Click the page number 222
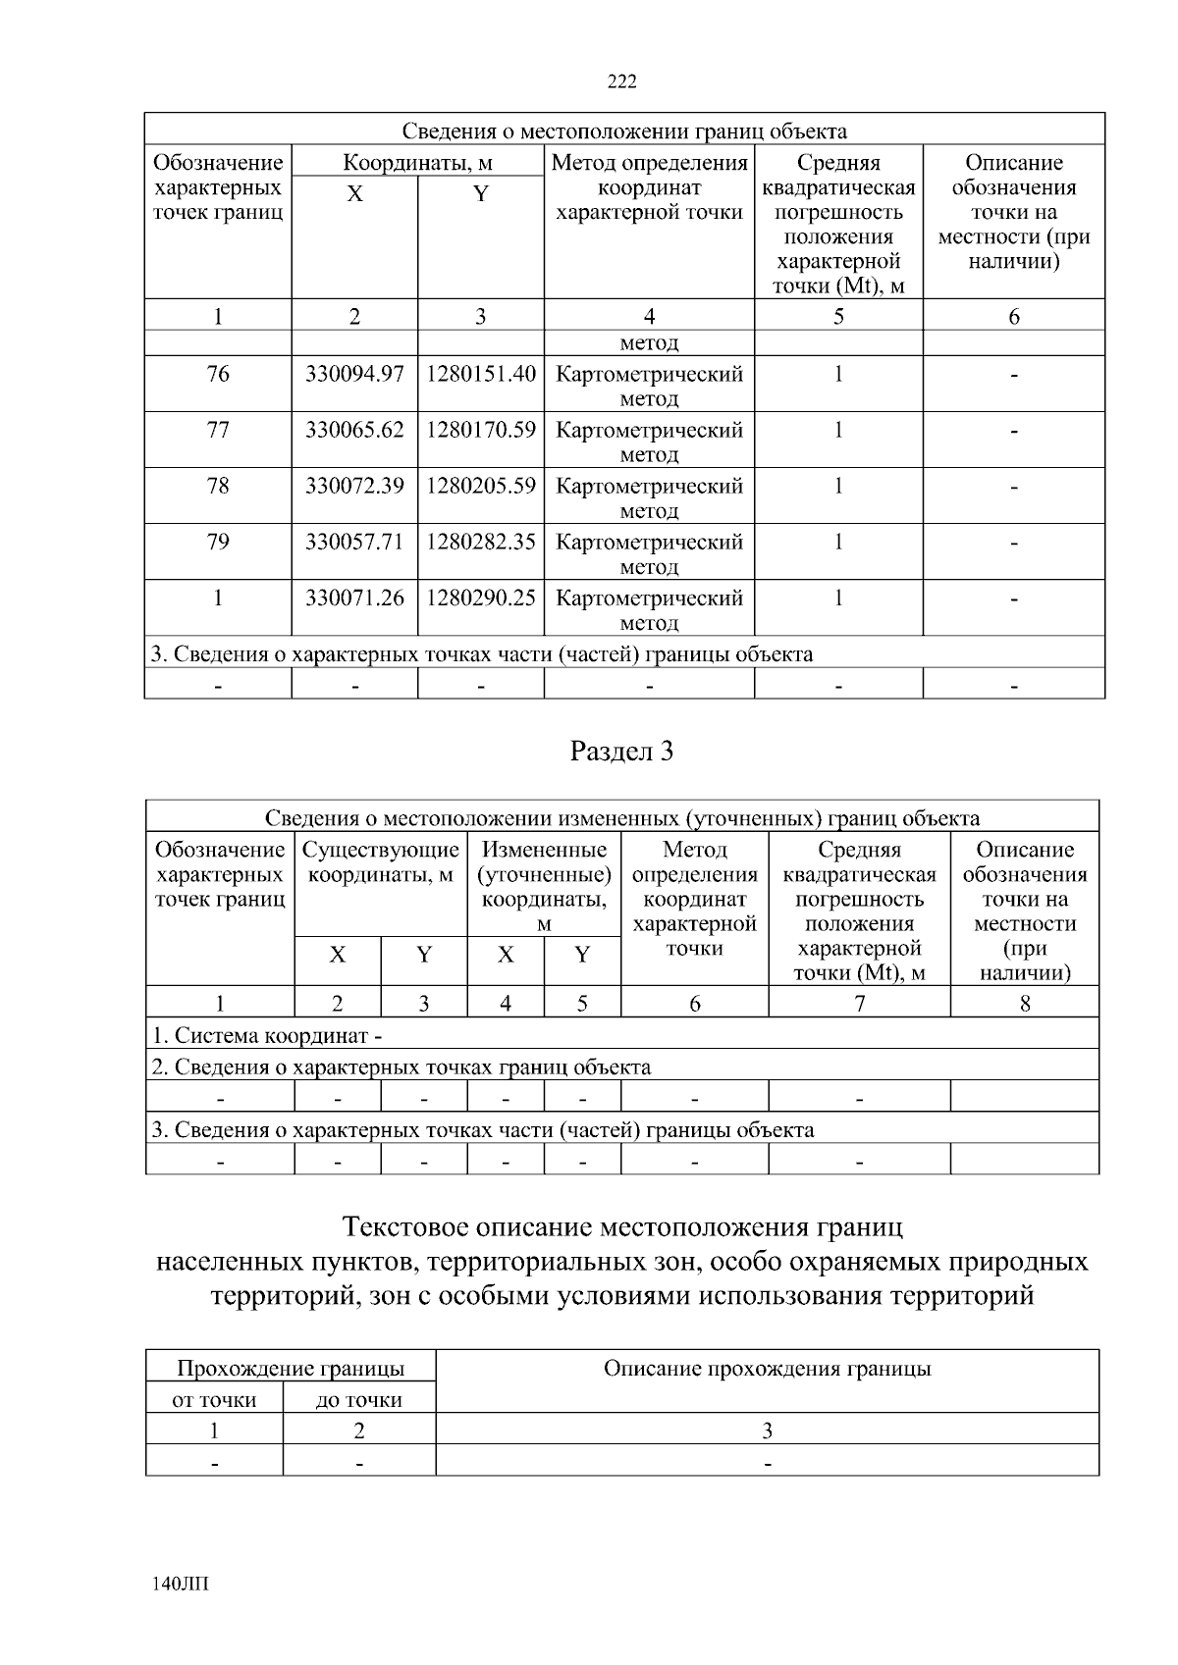pos(622,81)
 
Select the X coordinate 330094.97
pos(354,374)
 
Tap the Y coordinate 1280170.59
pos(480,430)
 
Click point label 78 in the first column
pos(218,486)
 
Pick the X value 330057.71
pos(354,542)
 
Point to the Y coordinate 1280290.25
pos(480,598)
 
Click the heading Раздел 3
pos(622,752)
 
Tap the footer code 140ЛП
pos(182,1584)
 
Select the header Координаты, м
pos(417,163)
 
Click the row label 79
pos(218,542)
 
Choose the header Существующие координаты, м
pos(381,861)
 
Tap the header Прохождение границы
pos(290,1369)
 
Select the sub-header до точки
pos(358,1400)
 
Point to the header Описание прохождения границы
pos(767,1369)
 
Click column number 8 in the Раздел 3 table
pos(1025,1003)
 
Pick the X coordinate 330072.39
pos(354,486)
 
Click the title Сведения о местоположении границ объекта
pos(624,130)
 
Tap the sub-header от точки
pos(214,1400)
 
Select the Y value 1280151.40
pos(480,374)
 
